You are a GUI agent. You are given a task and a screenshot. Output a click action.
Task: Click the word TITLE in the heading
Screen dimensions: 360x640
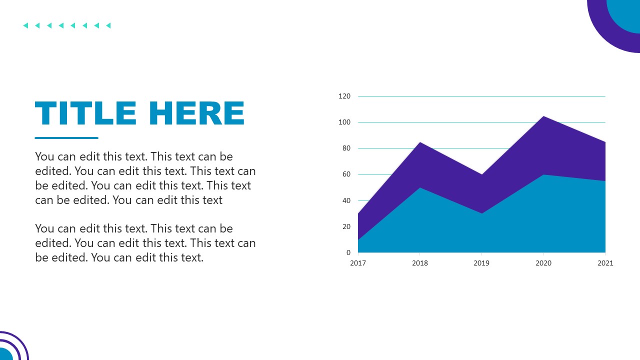click(85, 113)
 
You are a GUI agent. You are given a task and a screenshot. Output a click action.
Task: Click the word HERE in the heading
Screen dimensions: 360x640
click(196, 113)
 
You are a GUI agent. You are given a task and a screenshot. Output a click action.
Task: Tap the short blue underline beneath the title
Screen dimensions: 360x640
click(66, 138)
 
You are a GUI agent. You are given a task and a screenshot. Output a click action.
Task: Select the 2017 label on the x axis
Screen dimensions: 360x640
click(358, 263)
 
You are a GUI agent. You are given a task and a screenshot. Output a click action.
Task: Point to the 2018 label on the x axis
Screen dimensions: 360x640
click(420, 263)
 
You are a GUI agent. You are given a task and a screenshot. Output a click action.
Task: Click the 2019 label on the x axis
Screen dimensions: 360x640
click(481, 263)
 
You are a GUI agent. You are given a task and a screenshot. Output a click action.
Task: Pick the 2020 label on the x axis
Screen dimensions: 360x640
click(543, 263)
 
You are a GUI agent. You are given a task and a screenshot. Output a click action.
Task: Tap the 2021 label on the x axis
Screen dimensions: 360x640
click(605, 263)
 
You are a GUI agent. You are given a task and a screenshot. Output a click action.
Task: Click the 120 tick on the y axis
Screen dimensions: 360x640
click(344, 96)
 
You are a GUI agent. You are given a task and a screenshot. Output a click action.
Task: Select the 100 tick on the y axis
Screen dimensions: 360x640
click(344, 122)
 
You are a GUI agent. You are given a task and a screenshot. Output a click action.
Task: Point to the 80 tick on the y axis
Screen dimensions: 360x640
click(346, 148)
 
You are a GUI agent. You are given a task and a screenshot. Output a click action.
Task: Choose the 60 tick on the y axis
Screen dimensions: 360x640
click(346, 174)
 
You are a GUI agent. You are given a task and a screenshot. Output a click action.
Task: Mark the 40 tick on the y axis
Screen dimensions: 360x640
click(346, 200)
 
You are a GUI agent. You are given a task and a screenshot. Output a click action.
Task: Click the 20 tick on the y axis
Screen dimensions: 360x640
click(346, 226)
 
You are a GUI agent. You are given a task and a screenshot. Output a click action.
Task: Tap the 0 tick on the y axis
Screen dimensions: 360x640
click(348, 252)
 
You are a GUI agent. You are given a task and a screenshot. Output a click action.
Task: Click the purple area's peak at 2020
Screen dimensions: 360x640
click(543, 117)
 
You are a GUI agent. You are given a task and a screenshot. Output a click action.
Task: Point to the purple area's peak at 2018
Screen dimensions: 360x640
click(420, 143)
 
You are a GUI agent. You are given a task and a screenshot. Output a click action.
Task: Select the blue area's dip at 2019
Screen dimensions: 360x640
click(481, 214)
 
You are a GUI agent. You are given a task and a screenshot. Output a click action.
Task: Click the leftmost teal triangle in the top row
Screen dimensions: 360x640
click(25, 25)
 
